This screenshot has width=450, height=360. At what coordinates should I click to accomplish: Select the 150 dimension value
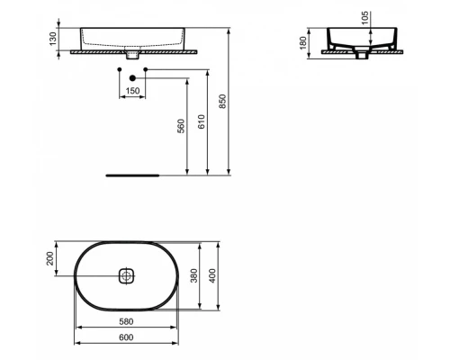[132, 92]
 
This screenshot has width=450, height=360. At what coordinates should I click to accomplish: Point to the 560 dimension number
[180, 125]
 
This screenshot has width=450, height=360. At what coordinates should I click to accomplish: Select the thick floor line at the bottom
[132, 175]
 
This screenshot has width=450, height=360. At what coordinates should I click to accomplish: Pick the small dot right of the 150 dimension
[146, 70]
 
